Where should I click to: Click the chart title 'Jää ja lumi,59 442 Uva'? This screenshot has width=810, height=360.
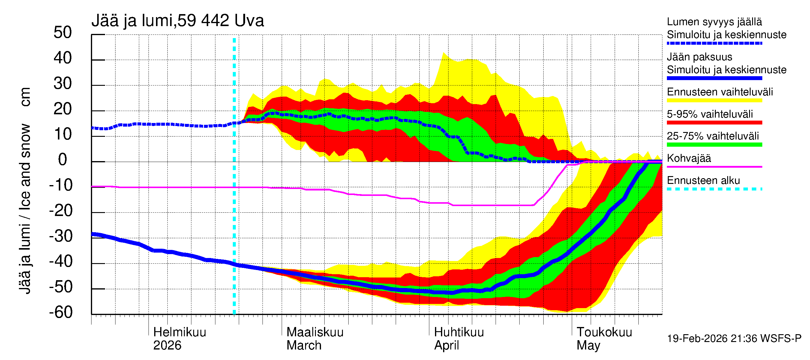177,21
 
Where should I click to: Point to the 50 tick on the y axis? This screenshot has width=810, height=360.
63,33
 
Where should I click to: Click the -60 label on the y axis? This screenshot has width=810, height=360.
61,313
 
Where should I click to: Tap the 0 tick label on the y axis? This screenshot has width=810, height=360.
63,160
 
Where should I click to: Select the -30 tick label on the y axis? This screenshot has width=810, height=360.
61,236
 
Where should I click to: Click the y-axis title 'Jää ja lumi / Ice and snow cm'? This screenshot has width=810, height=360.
25,190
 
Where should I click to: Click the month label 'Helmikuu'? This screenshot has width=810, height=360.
179,332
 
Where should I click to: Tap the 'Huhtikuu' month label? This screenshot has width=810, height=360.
459,332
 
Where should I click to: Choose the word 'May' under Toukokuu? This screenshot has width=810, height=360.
588,346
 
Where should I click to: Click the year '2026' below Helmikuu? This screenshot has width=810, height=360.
167,346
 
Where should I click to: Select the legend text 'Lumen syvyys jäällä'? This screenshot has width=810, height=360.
714,22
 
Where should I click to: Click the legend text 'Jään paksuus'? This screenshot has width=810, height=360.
699,57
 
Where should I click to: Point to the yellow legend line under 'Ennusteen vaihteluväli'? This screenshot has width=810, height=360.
714,100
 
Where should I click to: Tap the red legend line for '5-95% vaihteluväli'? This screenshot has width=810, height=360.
714,123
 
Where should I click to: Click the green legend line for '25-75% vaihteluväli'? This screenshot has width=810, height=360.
714,145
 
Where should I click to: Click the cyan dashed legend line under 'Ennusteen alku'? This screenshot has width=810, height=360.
714,189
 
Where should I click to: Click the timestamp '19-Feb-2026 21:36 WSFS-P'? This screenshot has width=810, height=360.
734,339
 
